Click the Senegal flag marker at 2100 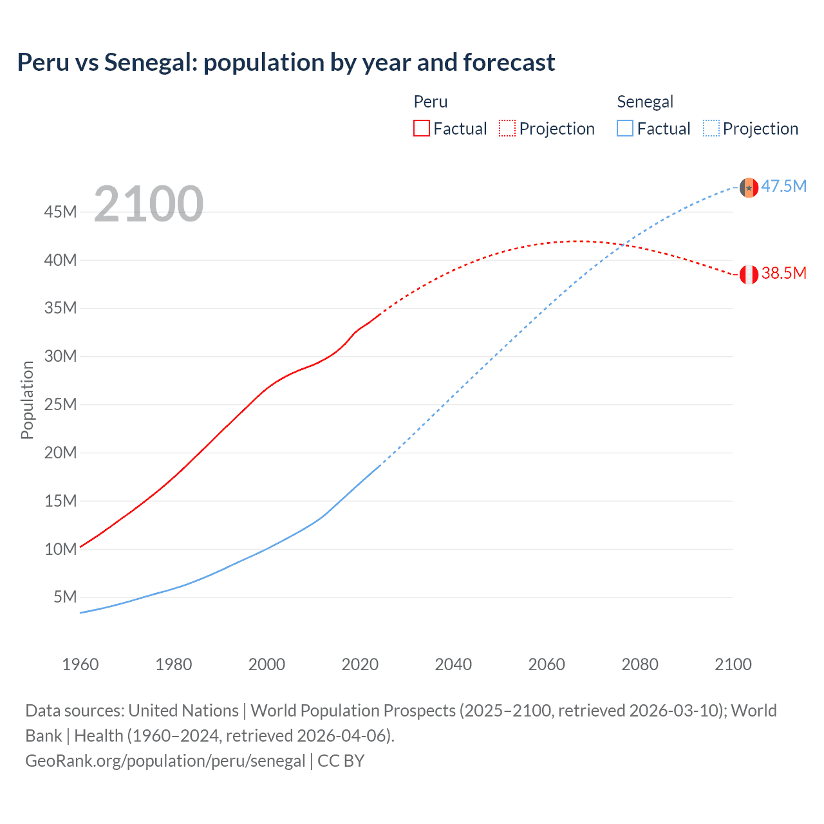coord(749,187)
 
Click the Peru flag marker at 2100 coord(749,275)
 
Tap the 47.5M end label coord(783,187)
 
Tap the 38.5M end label coord(783,274)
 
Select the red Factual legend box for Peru coord(422,128)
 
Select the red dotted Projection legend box coord(507,128)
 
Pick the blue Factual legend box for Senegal coord(625,128)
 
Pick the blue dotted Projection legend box coord(711,128)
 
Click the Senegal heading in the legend coord(645,102)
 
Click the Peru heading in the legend coord(431,102)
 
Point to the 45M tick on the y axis coord(61,212)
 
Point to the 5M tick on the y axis coord(65,597)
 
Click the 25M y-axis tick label coord(61,404)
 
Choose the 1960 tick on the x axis coord(80,664)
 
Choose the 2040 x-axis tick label coord(453,664)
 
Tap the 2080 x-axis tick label coord(640,664)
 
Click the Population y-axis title coord(27,400)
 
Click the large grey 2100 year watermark coord(149,204)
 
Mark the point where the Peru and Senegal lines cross coord(623,244)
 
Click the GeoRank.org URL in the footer coord(165,761)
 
